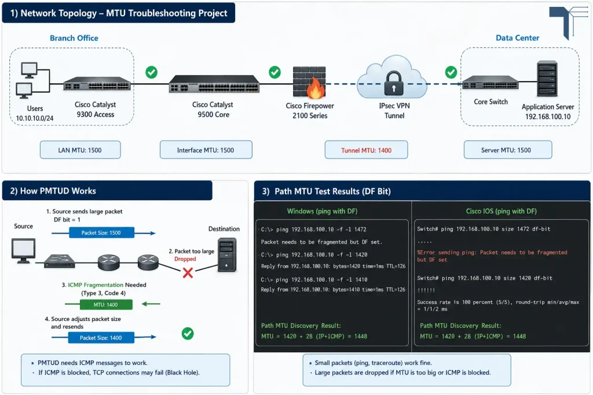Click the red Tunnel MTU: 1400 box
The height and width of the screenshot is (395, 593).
366,150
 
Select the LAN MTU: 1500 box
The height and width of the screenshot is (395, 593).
80,150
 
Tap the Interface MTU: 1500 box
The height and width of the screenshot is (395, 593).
206,150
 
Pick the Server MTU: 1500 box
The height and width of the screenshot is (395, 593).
507,150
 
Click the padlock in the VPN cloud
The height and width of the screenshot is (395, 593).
394,83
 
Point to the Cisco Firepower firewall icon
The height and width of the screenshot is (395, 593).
309,82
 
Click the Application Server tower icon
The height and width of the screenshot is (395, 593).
547,79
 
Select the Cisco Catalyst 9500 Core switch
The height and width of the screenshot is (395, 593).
214,83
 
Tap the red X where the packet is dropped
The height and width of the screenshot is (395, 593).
188,272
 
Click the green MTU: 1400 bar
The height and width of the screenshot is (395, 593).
106,304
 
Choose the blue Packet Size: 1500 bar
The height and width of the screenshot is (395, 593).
101,232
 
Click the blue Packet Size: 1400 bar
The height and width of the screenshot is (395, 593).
101,338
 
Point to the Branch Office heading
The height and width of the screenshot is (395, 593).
74,38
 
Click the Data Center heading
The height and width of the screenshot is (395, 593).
517,38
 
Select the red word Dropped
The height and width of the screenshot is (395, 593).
185,259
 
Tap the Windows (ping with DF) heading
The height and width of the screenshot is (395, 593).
322,211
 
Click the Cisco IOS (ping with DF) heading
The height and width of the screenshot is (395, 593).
501,211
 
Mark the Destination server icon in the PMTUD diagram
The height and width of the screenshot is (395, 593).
227,254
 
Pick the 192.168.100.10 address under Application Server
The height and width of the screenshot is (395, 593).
548,117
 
